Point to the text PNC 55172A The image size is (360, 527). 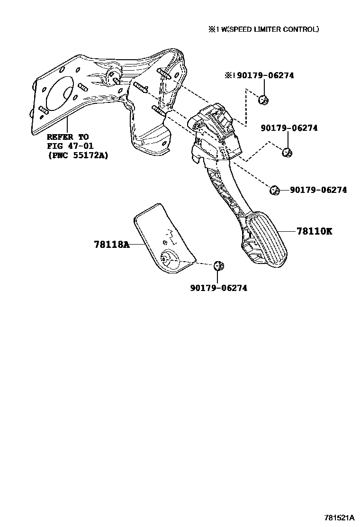(x=77, y=154)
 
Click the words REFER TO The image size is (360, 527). (x=67, y=136)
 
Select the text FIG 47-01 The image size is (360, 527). (x=70, y=145)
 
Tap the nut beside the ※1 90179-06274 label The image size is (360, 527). (x=264, y=100)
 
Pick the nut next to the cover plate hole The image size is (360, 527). (x=218, y=266)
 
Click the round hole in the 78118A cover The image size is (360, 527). (x=169, y=259)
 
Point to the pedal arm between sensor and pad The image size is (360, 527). (x=223, y=190)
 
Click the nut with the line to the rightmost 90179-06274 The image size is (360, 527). (x=273, y=190)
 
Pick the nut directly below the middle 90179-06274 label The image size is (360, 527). (x=286, y=152)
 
